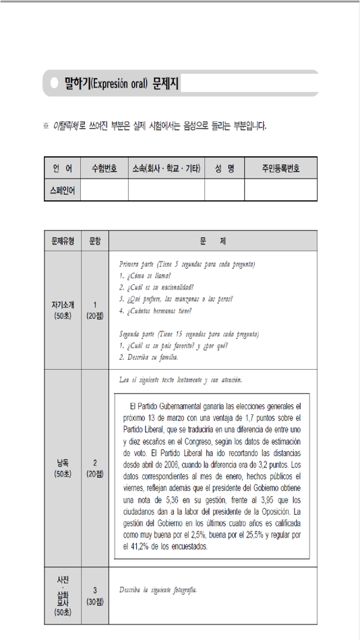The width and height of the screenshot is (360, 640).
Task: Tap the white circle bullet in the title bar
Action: pos(54,84)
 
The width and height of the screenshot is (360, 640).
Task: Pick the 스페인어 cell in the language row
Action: pos(62,190)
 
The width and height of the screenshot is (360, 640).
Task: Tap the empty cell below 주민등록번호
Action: pos(280,190)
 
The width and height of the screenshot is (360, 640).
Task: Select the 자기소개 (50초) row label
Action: pos(62,309)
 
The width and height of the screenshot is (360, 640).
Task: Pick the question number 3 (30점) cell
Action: pos(95,596)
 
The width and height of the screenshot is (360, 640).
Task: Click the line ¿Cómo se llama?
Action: pos(144,276)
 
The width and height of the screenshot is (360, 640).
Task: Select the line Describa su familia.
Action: pos(148,357)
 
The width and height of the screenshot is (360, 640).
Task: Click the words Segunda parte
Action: pos(136,333)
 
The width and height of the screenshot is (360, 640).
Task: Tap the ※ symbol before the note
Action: pos(46,125)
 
